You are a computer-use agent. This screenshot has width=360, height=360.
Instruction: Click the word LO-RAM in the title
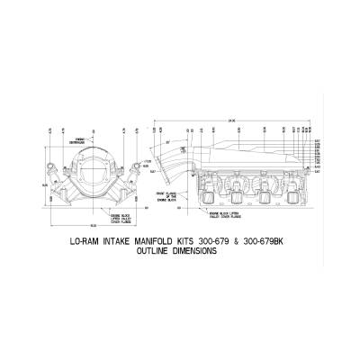[85, 240]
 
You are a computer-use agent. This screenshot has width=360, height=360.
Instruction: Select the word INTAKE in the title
[118, 240]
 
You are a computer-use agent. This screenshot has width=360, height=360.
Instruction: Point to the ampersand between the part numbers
[236, 240]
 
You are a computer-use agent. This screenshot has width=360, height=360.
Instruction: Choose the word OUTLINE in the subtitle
[152, 252]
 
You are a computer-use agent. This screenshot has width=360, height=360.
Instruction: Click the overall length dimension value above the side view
[231, 120]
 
